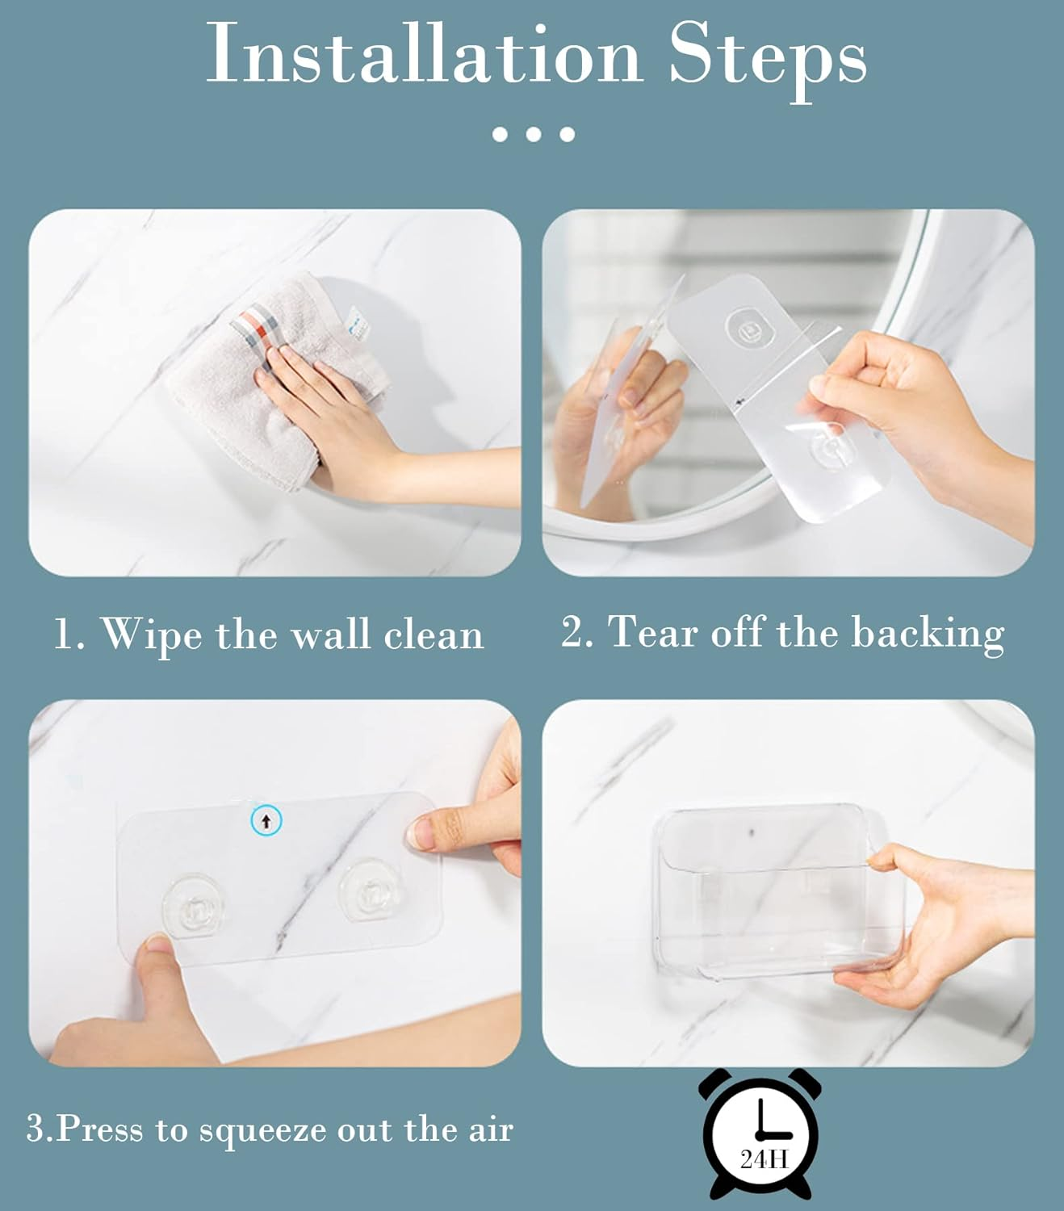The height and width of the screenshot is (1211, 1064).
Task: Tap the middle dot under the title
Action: click(534, 134)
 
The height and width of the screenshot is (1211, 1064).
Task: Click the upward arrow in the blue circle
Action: click(266, 822)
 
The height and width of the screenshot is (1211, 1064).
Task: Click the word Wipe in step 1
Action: click(151, 635)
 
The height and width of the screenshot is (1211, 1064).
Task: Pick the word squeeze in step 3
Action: click(263, 1129)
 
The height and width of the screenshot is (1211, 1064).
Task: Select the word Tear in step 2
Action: click(654, 632)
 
